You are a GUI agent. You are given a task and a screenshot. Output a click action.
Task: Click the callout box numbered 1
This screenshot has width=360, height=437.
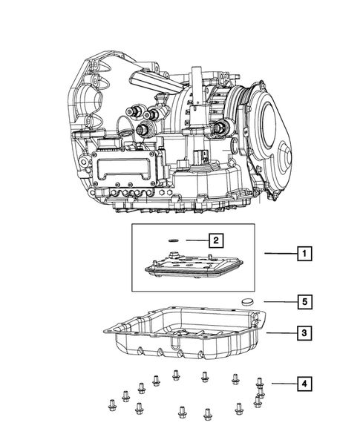pyautogui.click(x=304, y=254)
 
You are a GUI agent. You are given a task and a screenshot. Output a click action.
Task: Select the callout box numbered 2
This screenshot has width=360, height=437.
pyautogui.click(x=215, y=240)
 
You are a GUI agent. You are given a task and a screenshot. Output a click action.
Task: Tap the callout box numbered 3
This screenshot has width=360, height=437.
pyautogui.click(x=304, y=333)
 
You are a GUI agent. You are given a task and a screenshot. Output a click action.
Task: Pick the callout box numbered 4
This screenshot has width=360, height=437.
pyautogui.click(x=304, y=384)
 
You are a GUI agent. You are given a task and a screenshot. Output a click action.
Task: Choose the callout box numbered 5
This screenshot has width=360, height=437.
pyautogui.click(x=304, y=302)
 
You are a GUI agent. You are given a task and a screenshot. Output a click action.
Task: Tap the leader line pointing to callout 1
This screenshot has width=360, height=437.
pyautogui.click(x=281, y=254)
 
